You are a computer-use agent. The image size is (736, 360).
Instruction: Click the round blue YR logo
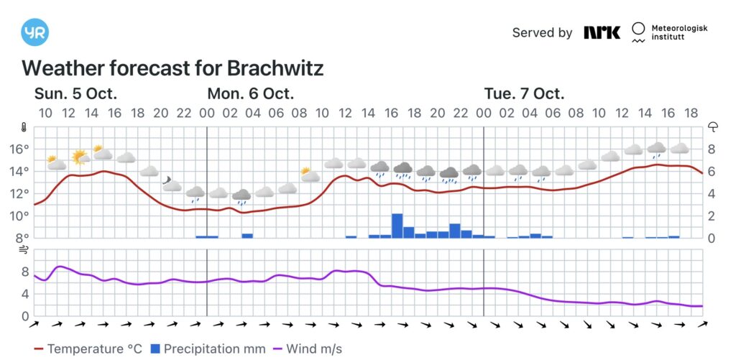point(35,32)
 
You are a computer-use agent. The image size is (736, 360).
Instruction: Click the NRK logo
point(602,32)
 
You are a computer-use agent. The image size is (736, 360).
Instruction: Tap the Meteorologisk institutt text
point(679,32)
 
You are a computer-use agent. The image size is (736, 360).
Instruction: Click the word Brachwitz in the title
point(275,68)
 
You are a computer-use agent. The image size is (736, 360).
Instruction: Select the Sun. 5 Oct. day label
point(75,94)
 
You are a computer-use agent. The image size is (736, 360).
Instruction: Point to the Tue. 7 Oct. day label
point(524,94)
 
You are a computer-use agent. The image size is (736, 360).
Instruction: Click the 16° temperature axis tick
point(19,149)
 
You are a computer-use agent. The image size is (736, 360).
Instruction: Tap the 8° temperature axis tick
point(21,238)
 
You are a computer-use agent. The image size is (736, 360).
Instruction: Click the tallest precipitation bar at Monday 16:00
point(397,225)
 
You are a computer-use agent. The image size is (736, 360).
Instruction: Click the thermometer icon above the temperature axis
point(24,128)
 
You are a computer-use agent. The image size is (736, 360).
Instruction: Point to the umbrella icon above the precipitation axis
point(714,128)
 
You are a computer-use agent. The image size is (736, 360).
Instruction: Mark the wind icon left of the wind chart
point(24,250)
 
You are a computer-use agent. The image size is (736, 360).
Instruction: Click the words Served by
point(542,32)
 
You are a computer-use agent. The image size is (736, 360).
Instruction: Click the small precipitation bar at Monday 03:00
point(247,235)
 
